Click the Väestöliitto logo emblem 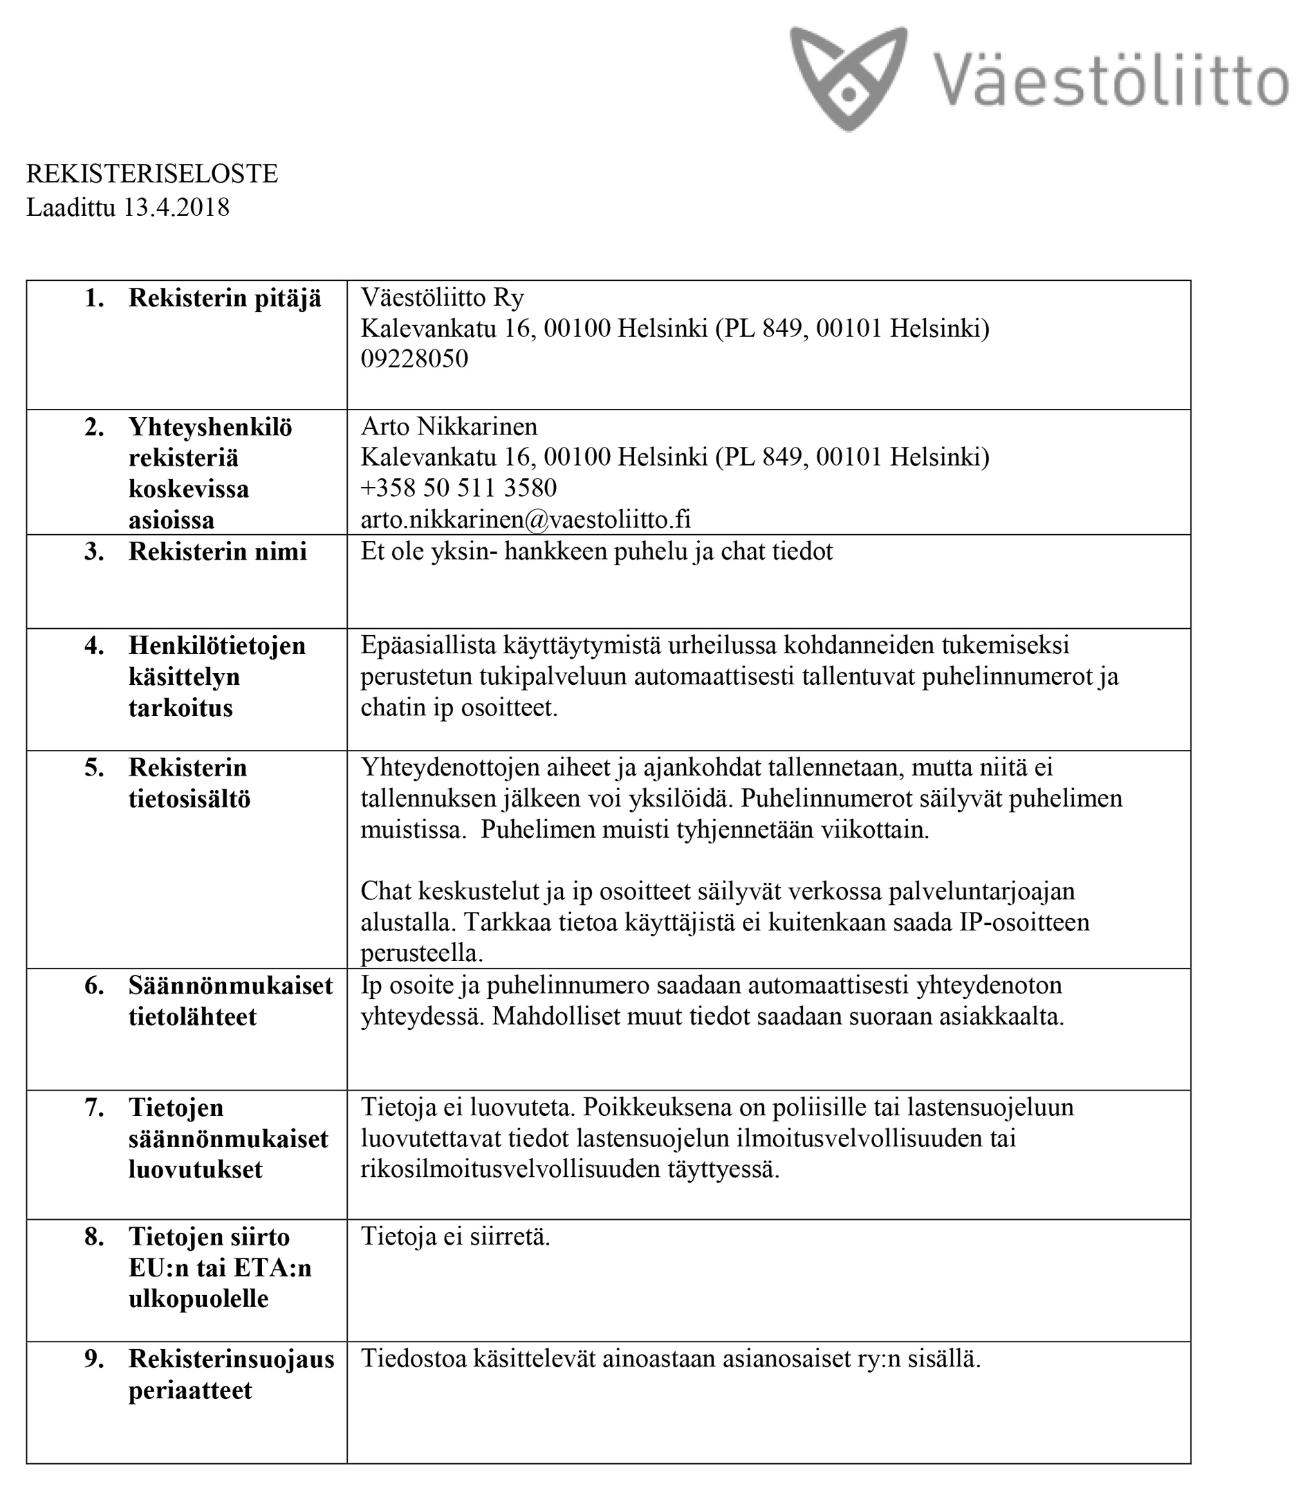tap(849, 77)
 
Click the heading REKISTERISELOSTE tap(151, 174)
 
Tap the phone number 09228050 tap(414, 358)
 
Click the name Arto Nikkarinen tap(449, 426)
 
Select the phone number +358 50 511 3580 tap(459, 488)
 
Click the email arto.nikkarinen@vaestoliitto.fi tap(525, 520)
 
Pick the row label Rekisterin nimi tap(217, 551)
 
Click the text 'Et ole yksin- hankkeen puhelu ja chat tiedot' tap(596, 551)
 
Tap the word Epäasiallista tap(428, 645)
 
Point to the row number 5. tap(94, 768)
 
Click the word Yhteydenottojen tap(450, 768)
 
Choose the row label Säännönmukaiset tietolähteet tap(230, 1001)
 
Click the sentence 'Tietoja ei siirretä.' tap(455, 1237)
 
